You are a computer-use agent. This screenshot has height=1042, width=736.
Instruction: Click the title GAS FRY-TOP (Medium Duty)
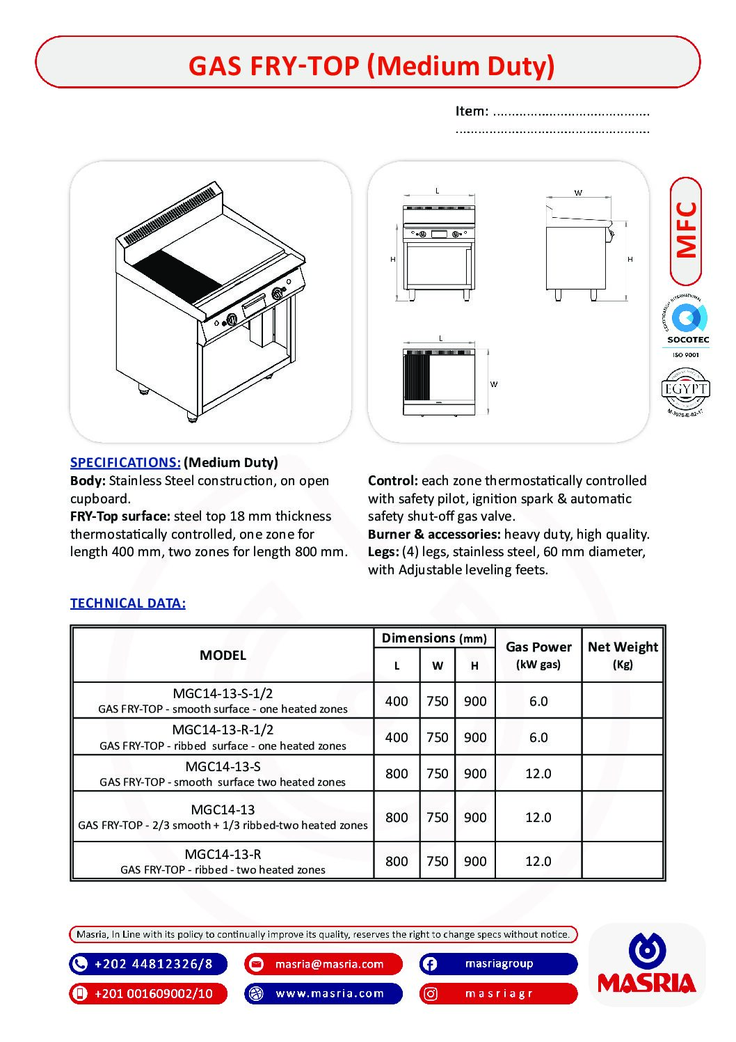pyautogui.click(x=371, y=66)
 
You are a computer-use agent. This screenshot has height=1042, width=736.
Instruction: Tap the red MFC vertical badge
pyautogui.click(x=686, y=230)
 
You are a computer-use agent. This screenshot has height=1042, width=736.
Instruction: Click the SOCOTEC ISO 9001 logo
pyautogui.click(x=688, y=327)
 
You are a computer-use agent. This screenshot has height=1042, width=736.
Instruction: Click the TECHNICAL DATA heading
pyautogui.click(x=128, y=603)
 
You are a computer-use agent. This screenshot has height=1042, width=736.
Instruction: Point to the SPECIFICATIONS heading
pyautogui.click(x=125, y=463)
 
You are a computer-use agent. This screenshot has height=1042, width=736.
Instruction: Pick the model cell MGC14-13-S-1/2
pyautogui.click(x=223, y=693)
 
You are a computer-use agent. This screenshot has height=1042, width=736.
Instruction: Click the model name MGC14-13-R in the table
pyautogui.click(x=223, y=854)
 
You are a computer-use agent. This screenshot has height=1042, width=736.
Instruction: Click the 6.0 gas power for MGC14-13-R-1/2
pyautogui.click(x=538, y=737)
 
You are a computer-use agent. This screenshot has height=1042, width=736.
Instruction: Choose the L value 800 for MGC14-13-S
pyautogui.click(x=397, y=773)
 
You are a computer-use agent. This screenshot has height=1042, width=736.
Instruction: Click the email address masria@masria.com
pyautogui.click(x=328, y=964)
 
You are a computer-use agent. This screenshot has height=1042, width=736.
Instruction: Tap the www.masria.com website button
pyautogui.click(x=329, y=993)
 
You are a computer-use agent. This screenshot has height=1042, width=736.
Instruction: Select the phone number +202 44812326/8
pyautogui.click(x=152, y=964)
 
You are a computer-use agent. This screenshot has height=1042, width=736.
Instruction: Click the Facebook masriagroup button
pyautogui.click(x=498, y=964)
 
